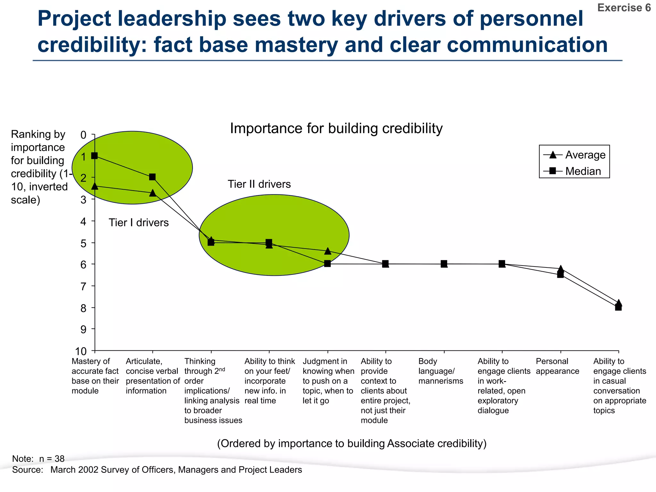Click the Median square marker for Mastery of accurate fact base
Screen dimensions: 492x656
(x=94, y=156)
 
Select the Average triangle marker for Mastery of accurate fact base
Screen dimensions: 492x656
(x=94, y=186)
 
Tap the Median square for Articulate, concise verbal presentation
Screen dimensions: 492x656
(x=152, y=177)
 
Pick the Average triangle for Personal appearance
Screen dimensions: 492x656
(x=560, y=269)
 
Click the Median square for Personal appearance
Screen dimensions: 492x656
(x=560, y=275)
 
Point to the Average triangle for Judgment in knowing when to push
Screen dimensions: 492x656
(x=327, y=251)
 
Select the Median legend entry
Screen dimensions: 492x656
(x=575, y=171)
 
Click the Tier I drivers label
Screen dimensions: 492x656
(x=138, y=223)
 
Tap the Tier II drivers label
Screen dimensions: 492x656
(x=259, y=184)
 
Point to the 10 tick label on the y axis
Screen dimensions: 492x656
(x=81, y=351)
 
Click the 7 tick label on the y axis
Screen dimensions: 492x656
(x=83, y=286)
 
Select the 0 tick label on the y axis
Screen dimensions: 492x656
(x=83, y=135)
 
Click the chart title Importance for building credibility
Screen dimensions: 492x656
(x=336, y=128)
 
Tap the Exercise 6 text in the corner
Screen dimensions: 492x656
(x=624, y=8)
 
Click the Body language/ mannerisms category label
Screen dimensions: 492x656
(x=440, y=371)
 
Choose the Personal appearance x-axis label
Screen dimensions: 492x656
(x=557, y=366)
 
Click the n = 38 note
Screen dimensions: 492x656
(x=52, y=459)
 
